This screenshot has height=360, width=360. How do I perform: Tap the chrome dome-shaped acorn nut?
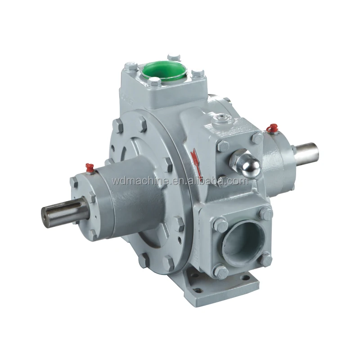[x=247, y=166]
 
